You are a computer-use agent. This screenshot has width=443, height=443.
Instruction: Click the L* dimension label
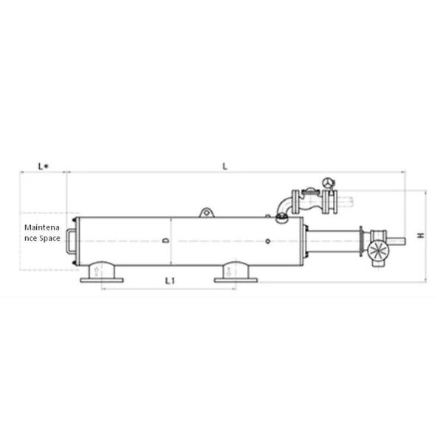(x=44, y=166)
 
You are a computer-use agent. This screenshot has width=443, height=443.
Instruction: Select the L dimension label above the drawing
(x=225, y=166)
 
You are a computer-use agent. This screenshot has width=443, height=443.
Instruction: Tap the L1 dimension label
(x=170, y=281)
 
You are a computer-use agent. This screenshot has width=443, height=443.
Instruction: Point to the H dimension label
(x=421, y=235)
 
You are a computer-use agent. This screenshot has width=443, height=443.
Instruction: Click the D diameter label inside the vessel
(x=166, y=241)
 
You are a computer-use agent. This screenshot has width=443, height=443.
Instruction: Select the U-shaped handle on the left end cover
(x=70, y=241)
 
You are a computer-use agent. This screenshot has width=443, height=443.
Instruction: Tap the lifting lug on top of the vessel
(x=207, y=213)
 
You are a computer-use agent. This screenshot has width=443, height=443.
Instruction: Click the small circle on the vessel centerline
(x=267, y=241)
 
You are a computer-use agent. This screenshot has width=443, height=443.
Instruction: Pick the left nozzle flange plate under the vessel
(x=102, y=281)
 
